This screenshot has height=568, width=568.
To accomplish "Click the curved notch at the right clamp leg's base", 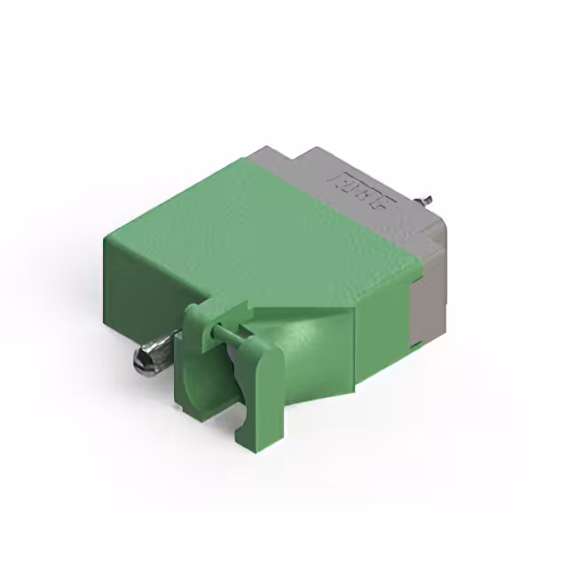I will pos(238,417).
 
